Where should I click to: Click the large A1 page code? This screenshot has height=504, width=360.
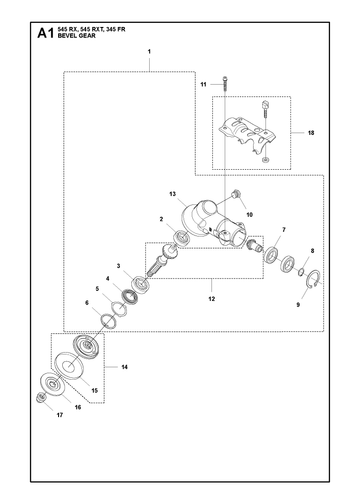tap(45, 33)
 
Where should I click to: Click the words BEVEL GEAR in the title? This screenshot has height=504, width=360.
tap(76, 36)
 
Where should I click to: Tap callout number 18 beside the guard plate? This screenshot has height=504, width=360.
tap(311, 133)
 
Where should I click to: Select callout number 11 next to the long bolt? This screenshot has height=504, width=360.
tap(203, 85)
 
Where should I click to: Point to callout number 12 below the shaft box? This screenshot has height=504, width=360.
tap(212, 299)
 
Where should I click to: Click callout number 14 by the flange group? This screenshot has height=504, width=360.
tap(124, 367)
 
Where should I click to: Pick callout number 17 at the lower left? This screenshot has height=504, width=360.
tap(60, 415)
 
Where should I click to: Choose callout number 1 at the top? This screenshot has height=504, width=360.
tap(149, 52)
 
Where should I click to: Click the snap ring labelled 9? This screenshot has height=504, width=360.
tap(314, 277)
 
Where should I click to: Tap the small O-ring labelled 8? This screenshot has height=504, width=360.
tap(301, 272)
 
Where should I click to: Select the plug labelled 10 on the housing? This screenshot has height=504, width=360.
tap(237, 193)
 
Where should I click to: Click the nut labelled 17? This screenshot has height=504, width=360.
tap(41, 397)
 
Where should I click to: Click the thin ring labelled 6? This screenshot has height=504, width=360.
tap(108, 320)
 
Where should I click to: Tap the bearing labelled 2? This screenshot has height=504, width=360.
tap(183, 238)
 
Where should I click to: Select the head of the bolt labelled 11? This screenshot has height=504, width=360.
tap(226, 79)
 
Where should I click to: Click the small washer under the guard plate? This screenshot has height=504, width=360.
tap(266, 160)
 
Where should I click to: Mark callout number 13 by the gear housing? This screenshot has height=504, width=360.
tap(172, 194)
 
